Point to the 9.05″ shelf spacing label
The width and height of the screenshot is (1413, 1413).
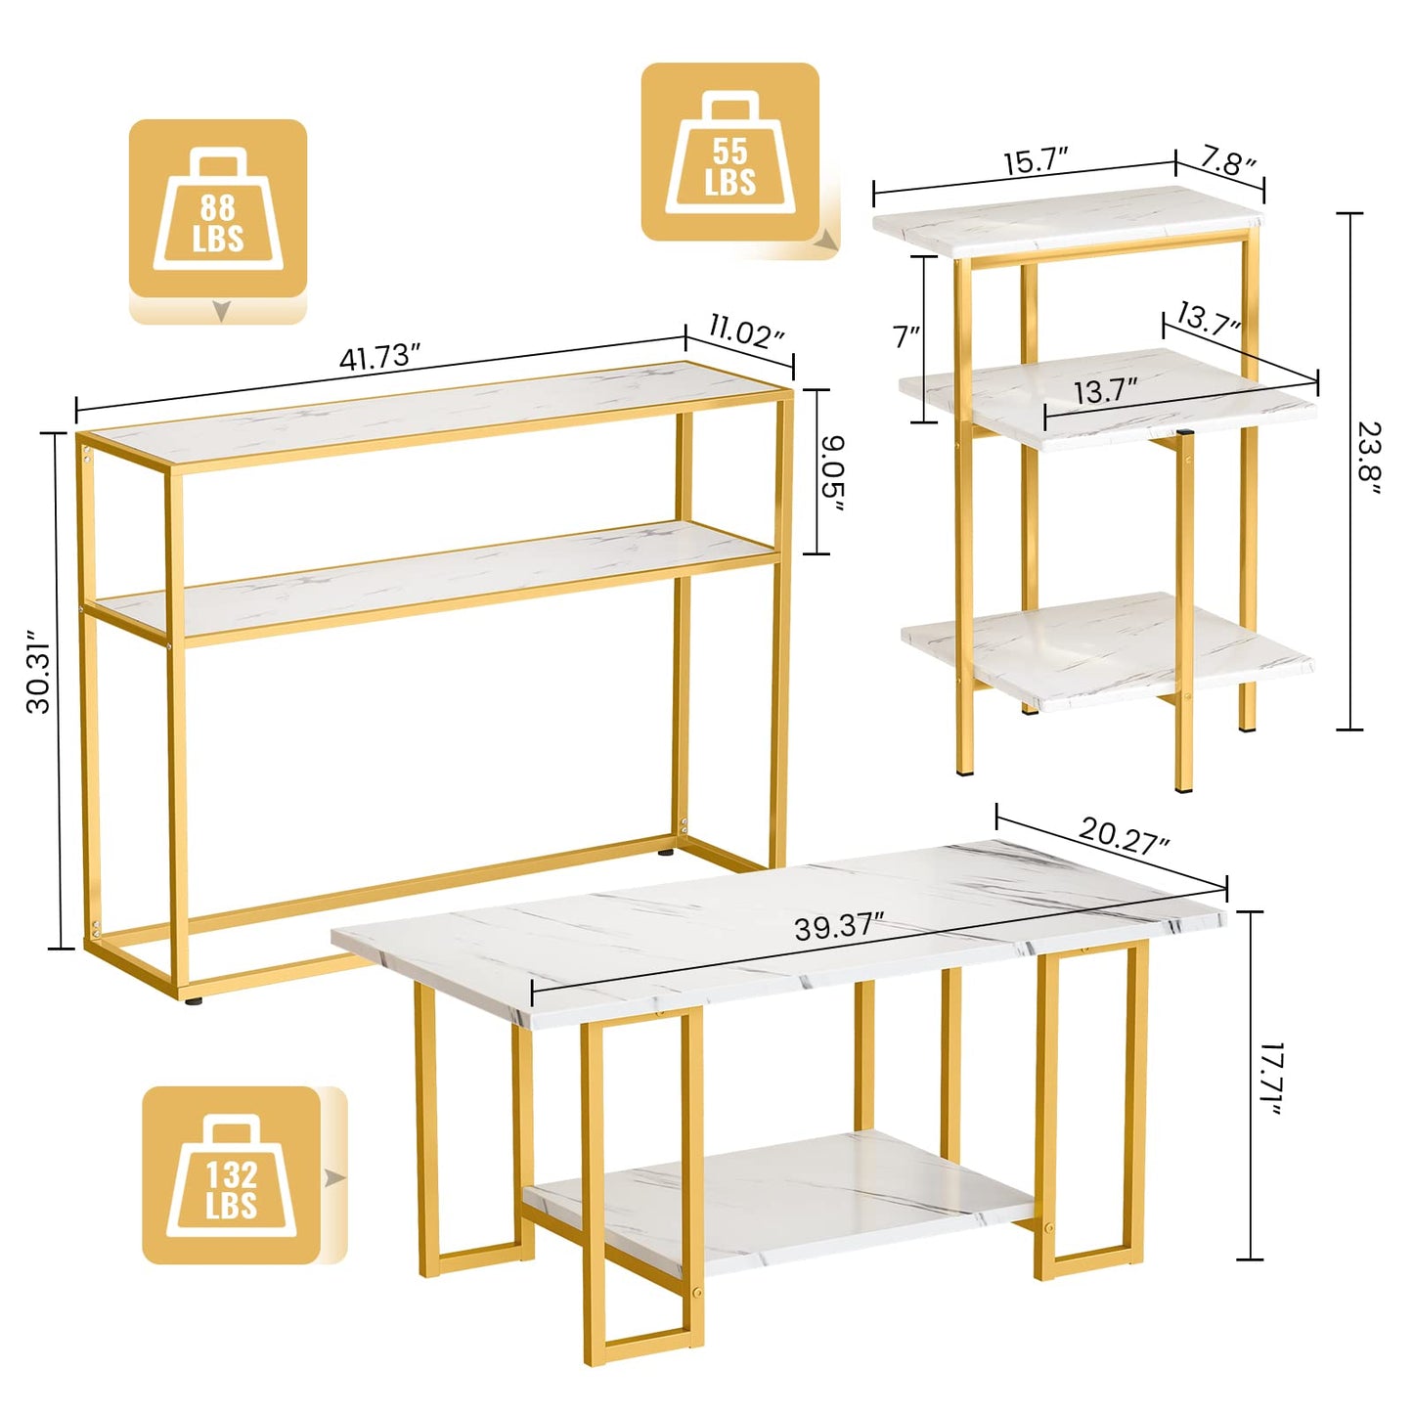[x=834, y=472]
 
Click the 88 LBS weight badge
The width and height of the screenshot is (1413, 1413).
[x=218, y=209]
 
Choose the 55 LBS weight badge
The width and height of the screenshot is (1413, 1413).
[x=730, y=153]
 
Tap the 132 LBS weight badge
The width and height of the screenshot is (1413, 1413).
[x=232, y=1175]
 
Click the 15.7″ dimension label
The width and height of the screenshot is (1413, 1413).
[x=1036, y=161]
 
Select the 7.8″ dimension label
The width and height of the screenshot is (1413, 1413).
[x=1228, y=161]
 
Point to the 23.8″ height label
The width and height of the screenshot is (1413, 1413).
[x=1369, y=459]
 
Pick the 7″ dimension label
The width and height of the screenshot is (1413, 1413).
[x=907, y=337]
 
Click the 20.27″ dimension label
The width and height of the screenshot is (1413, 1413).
[x=1124, y=836]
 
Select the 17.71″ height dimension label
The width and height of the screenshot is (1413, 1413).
[x=1269, y=1080]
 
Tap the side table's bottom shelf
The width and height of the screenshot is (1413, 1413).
[x=1105, y=650]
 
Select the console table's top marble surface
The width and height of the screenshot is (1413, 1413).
[x=430, y=411]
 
